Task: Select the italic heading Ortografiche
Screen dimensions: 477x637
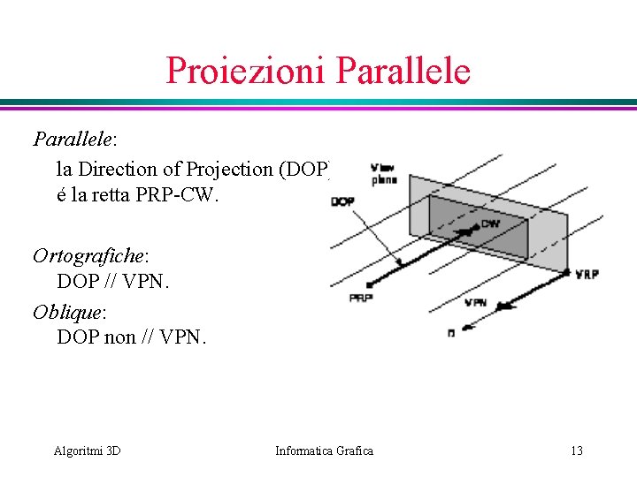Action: pyautogui.click(x=88, y=256)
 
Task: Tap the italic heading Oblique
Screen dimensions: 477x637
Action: pyautogui.click(x=67, y=312)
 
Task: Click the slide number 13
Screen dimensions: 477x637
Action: pyautogui.click(x=576, y=451)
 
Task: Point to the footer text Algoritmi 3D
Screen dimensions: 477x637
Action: pyautogui.click(x=87, y=451)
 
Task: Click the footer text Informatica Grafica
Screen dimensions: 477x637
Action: pyautogui.click(x=324, y=451)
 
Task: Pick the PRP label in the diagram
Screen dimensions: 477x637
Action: pyautogui.click(x=360, y=299)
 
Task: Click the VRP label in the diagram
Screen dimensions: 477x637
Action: pyautogui.click(x=587, y=275)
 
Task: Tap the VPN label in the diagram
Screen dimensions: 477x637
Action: pyautogui.click(x=475, y=302)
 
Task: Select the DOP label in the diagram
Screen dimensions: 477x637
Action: pyautogui.click(x=342, y=201)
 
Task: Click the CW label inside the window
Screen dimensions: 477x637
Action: pyautogui.click(x=491, y=224)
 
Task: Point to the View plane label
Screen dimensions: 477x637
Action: pyautogui.click(x=384, y=173)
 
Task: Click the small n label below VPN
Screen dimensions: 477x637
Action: pyautogui.click(x=452, y=333)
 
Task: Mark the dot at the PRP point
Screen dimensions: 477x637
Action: pyautogui.click(x=368, y=284)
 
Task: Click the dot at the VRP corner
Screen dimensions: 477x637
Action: pyautogui.click(x=566, y=271)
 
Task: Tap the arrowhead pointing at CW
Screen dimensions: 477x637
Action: pyautogui.click(x=469, y=231)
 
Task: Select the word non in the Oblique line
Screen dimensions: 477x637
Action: pyautogui.click(x=119, y=337)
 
